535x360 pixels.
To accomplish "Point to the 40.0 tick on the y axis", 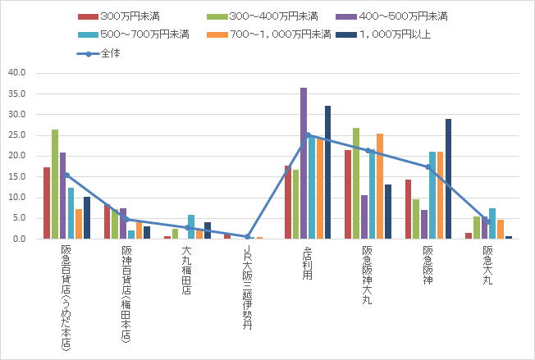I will (17, 73).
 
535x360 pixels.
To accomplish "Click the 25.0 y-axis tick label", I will (17, 135).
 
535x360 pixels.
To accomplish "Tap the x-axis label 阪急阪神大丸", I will (367, 276).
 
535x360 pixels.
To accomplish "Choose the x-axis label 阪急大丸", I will (487, 264).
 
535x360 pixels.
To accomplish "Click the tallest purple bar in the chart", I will (304, 163).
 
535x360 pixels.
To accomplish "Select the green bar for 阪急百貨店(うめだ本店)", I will (55, 185).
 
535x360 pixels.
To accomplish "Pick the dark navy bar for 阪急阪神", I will (449, 179).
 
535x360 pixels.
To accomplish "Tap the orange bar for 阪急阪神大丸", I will (379, 186).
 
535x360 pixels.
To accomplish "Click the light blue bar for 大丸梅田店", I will (191, 227).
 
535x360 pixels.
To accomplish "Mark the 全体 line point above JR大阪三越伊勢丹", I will (248, 236).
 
